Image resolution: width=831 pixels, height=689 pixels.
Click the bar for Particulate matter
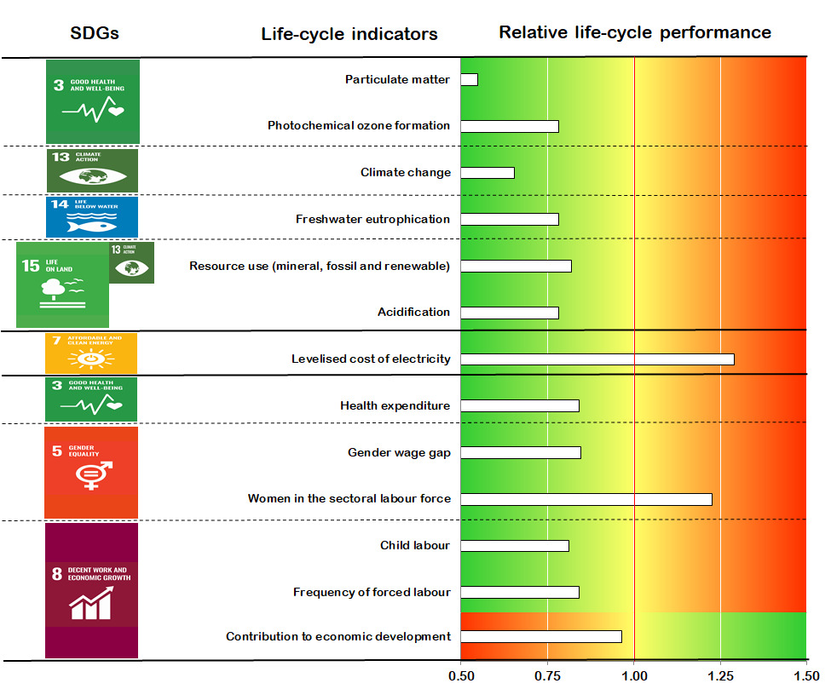click(469, 79)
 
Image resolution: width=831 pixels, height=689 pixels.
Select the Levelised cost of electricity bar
click(597, 359)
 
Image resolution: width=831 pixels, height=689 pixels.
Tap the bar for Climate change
click(488, 173)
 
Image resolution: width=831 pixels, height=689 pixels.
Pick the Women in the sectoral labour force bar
click(586, 499)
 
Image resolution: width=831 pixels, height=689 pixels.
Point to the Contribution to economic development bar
click(541, 636)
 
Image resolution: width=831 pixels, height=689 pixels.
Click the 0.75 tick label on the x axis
click(547, 676)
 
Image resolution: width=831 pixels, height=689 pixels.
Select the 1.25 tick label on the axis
click(720, 676)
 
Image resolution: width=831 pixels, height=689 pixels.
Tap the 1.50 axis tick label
click(806, 676)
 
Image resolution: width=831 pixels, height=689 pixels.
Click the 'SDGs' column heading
click(94, 33)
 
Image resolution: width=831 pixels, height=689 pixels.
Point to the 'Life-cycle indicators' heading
click(349, 34)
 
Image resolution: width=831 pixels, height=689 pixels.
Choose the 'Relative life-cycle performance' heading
click(635, 32)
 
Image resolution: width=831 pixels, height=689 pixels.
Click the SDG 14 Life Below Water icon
click(92, 216)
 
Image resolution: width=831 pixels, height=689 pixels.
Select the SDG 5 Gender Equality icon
click(91, 472)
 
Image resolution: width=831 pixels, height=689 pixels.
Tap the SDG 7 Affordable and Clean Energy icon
click(91, 353)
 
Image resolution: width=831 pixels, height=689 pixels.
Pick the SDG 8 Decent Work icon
click(91, 590)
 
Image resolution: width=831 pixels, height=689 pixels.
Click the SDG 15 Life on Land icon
click(63, 284)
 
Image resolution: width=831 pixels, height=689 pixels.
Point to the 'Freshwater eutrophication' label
click(372, 219)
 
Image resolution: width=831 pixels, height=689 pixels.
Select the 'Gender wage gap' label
click(399, 452)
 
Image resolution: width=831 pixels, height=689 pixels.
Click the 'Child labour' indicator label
click(415, 545)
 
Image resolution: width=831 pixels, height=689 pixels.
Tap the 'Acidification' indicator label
click(414, 312)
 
